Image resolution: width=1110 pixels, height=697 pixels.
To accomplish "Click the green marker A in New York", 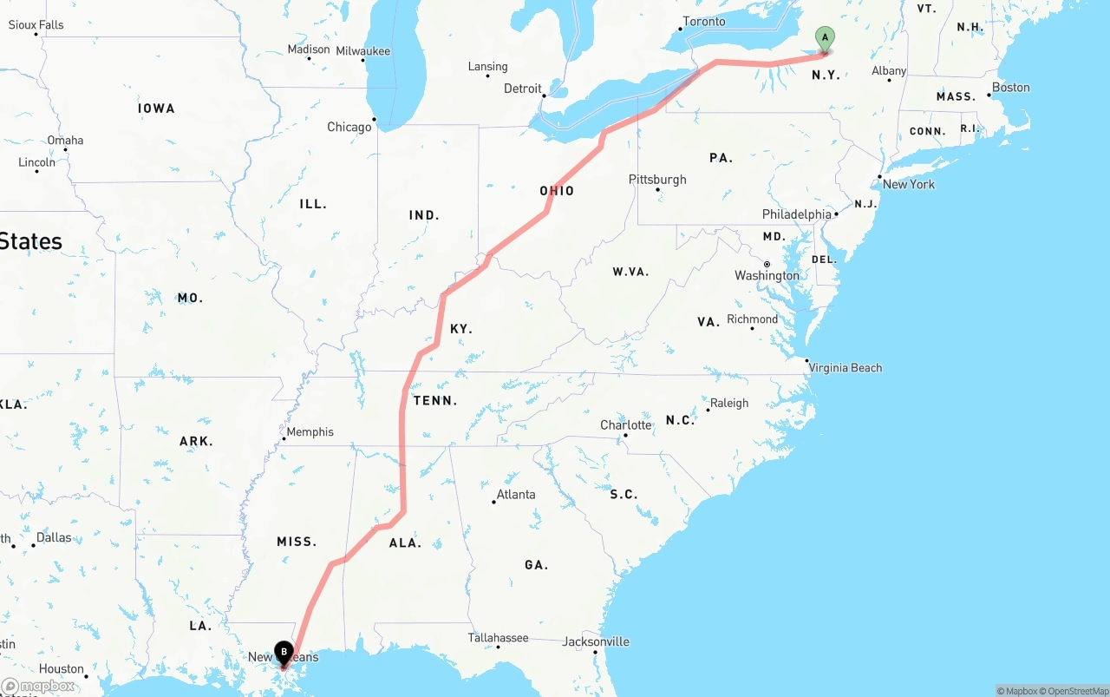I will pyautogui.click(x=825, y=37).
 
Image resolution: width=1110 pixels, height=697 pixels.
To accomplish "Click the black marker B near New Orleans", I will pyautogui.click(x=284, y=652).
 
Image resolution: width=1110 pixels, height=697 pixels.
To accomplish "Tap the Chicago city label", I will pyautogui.click(x=349, y=127).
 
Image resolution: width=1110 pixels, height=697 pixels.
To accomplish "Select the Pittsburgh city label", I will pyautogui.click(x=657, y=180).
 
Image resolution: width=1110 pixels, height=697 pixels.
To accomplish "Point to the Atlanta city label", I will pyautogui.click(x=515, y=495).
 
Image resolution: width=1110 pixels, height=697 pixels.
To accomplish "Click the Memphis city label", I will pyautogui.click(x=310, y=432).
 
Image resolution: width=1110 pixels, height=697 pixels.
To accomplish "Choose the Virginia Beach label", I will pyautogui.click(x=846, y=368).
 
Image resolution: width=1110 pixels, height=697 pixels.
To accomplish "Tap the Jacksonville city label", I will pyautogui.click(x=596, y=642).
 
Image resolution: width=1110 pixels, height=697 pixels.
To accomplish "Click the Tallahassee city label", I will pyautogui.click(x=498, y=638).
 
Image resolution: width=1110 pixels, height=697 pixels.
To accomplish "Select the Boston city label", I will pyautogui.click(x=1011, y=88).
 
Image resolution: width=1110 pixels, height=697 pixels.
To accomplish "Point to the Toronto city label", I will pyautogui.click(x=704, y=22).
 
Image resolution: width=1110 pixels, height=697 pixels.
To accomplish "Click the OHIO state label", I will pyautogui.click(x=557, y=191).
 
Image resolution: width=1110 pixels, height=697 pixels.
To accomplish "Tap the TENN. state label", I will pyautogui.click(x=435, y=401).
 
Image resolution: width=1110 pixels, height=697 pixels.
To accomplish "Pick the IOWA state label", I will pyautogui.click(x=156, y=108).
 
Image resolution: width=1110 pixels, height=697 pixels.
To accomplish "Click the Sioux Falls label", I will pyautogui.click(x=36, y=25).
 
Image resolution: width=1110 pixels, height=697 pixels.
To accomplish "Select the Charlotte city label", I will pyautogui.click(x=626, y=425).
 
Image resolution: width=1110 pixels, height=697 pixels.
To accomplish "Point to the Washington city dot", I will pyautogui.click(x=767, y=264).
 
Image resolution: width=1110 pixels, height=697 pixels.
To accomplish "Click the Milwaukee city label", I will pyautogui.click(x=363, y=51).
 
